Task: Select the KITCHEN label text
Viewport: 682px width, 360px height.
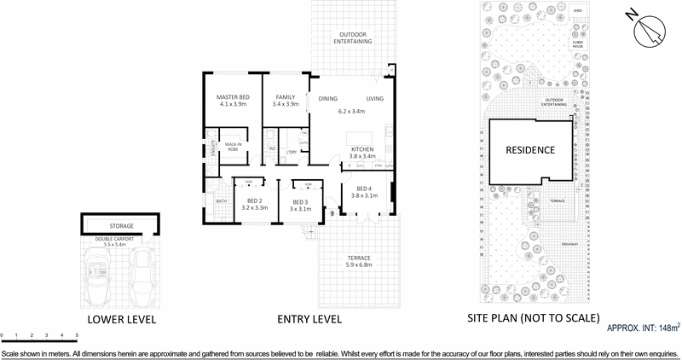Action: (363, 149)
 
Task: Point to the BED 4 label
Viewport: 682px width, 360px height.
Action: (363, 188)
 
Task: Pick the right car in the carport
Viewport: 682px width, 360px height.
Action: (143, 274)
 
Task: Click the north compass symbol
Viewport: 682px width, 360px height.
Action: (650, 30)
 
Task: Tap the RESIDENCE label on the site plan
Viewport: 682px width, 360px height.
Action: (530, 150)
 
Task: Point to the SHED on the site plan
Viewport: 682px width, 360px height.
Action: (577, 12)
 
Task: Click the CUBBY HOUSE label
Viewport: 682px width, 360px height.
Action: (577, 43)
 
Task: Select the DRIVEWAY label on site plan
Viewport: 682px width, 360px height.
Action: (569, 245)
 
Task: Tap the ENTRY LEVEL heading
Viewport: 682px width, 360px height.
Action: (309, 319)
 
